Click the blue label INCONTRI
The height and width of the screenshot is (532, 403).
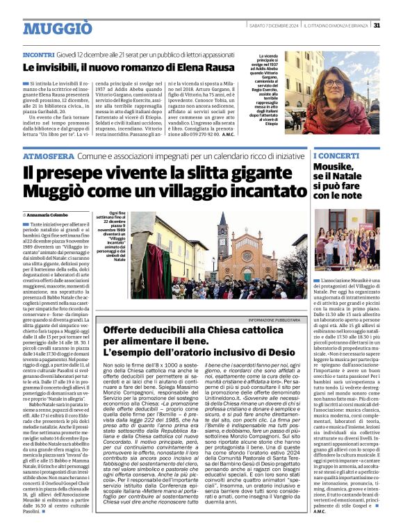coord(39,53)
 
